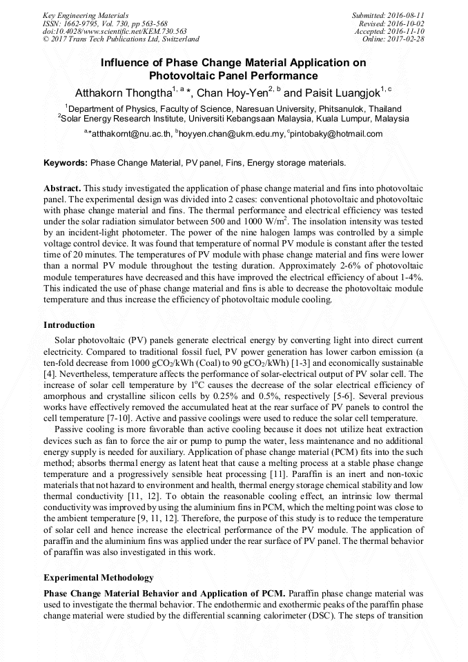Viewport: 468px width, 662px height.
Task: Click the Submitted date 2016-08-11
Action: click(405, 15)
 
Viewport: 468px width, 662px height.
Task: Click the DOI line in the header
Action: click(115, 32)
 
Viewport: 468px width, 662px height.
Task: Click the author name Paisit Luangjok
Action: click(341, 93)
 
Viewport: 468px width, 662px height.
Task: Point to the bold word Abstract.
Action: click(62, 188)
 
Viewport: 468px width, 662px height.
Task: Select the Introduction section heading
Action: click(69, 324)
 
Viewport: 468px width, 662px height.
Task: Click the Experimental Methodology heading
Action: click(98, 577)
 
